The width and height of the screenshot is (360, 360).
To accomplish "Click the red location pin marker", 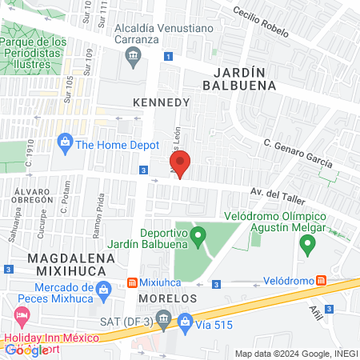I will (180, 164).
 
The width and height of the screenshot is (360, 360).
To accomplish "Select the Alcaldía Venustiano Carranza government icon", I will (132, 55).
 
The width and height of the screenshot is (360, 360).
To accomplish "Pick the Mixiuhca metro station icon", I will (133, 282).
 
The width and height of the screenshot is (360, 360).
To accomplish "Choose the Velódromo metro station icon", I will (321, 281).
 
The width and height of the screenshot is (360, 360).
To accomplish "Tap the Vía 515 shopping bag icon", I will (186, 322).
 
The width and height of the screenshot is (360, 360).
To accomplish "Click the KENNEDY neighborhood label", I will (162, 102).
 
